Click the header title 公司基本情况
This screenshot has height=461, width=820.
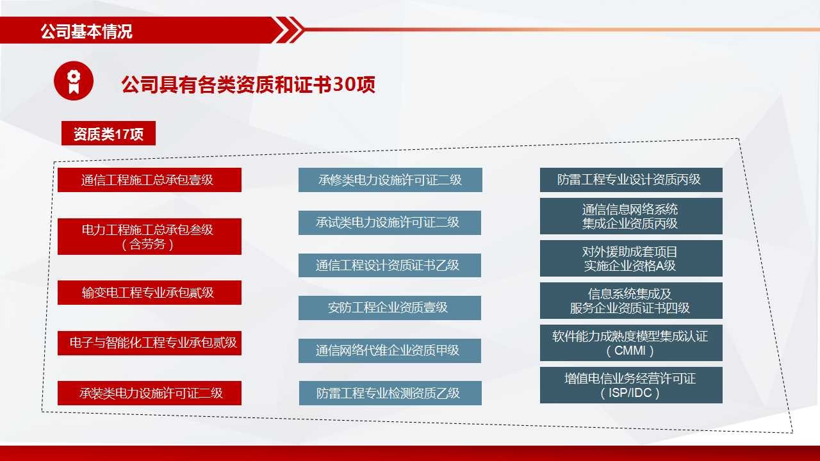(x=86, y=31)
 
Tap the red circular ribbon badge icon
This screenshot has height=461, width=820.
(x=74, y=81)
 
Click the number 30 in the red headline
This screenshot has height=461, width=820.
(x=344, y=84)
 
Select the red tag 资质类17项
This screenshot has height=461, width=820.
(x=108, y=133)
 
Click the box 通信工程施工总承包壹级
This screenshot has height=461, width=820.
(x=149, y=180)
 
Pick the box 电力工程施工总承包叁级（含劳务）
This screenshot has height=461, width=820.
(x=149, y=236)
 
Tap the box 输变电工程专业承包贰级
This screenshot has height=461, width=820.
(x=149, y=293)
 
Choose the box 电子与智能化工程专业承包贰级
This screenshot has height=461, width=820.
(x=149, y=343)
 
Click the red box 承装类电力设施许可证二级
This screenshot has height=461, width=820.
(x=149, y=393)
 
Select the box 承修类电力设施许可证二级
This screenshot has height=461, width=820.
(x=390, y=180)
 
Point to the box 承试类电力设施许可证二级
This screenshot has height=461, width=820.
(x=389, y=222)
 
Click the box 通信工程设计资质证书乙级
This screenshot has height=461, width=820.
(x=389, y=265)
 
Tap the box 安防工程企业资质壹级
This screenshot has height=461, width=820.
(x=389, y=308)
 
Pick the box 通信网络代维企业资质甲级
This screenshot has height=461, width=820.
(x=389, y=350)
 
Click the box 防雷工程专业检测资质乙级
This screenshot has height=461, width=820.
(x=390, y=393)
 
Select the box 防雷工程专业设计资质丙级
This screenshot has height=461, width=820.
(x=631, y=180)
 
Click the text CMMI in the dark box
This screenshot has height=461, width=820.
(x=630, y=350)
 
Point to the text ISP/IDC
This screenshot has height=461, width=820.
(x=630, y=393)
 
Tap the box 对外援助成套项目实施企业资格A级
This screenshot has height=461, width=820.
(x=631, y=258)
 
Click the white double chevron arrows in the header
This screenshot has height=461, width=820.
(x=289, y=29)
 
